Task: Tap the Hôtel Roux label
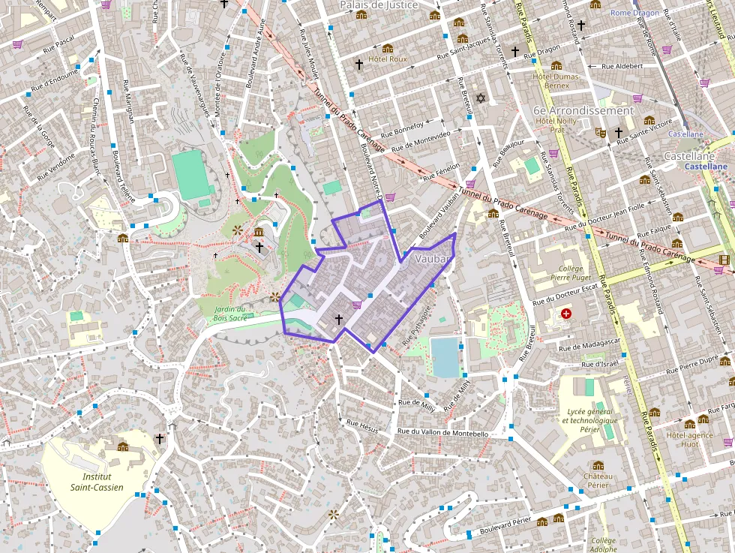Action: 388,59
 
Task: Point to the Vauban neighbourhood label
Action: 431,259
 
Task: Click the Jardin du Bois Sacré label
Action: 229,314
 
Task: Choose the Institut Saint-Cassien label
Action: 97,482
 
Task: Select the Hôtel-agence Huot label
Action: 688,438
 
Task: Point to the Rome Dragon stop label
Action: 634,13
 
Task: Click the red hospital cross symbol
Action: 566,313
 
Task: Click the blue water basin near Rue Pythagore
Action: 445,356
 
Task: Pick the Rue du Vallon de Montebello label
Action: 442,433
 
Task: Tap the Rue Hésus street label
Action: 362,424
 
